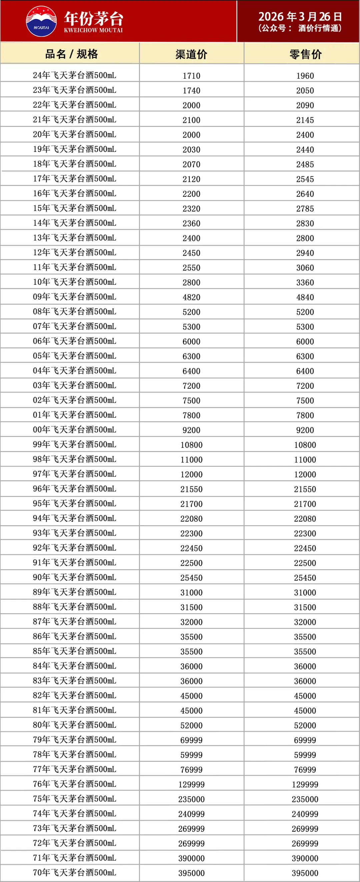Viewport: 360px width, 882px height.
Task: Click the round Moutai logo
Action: (x=41, y=21)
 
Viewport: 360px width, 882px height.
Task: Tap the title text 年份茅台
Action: (x=94, y=18)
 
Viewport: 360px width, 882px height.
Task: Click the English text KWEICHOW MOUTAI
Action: (x=93, y=30)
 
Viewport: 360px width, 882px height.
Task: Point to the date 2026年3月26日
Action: (x=300, y=16)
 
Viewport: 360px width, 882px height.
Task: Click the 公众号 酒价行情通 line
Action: (x=300, y=28)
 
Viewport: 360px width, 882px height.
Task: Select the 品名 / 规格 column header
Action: (x=71, y=54)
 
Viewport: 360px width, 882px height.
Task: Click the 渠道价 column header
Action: (x=191, y=54)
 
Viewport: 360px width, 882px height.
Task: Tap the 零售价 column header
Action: (x=305, y=54)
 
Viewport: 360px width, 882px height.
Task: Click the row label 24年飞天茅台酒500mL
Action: (x=74, y=75)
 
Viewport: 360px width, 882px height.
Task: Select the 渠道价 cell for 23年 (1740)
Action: (x=191, y=91)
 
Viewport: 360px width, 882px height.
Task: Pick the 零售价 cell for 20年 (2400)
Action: (x=305, y=135)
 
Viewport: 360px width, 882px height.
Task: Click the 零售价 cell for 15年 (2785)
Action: (x=305, y=209)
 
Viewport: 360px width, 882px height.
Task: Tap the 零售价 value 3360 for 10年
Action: (x=305, y=282)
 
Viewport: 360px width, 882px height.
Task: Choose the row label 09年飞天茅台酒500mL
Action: (x=74, y=297)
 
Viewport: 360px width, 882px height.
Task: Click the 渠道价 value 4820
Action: (x=191, y=297)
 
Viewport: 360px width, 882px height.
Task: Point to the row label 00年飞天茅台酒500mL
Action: (x=74, y=430)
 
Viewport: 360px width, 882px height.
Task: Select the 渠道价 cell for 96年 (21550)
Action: (x=191, y=489)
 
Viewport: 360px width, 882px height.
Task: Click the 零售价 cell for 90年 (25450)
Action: (x=305, y=578)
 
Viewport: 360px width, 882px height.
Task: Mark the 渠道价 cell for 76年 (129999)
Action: (x=191, y=784)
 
